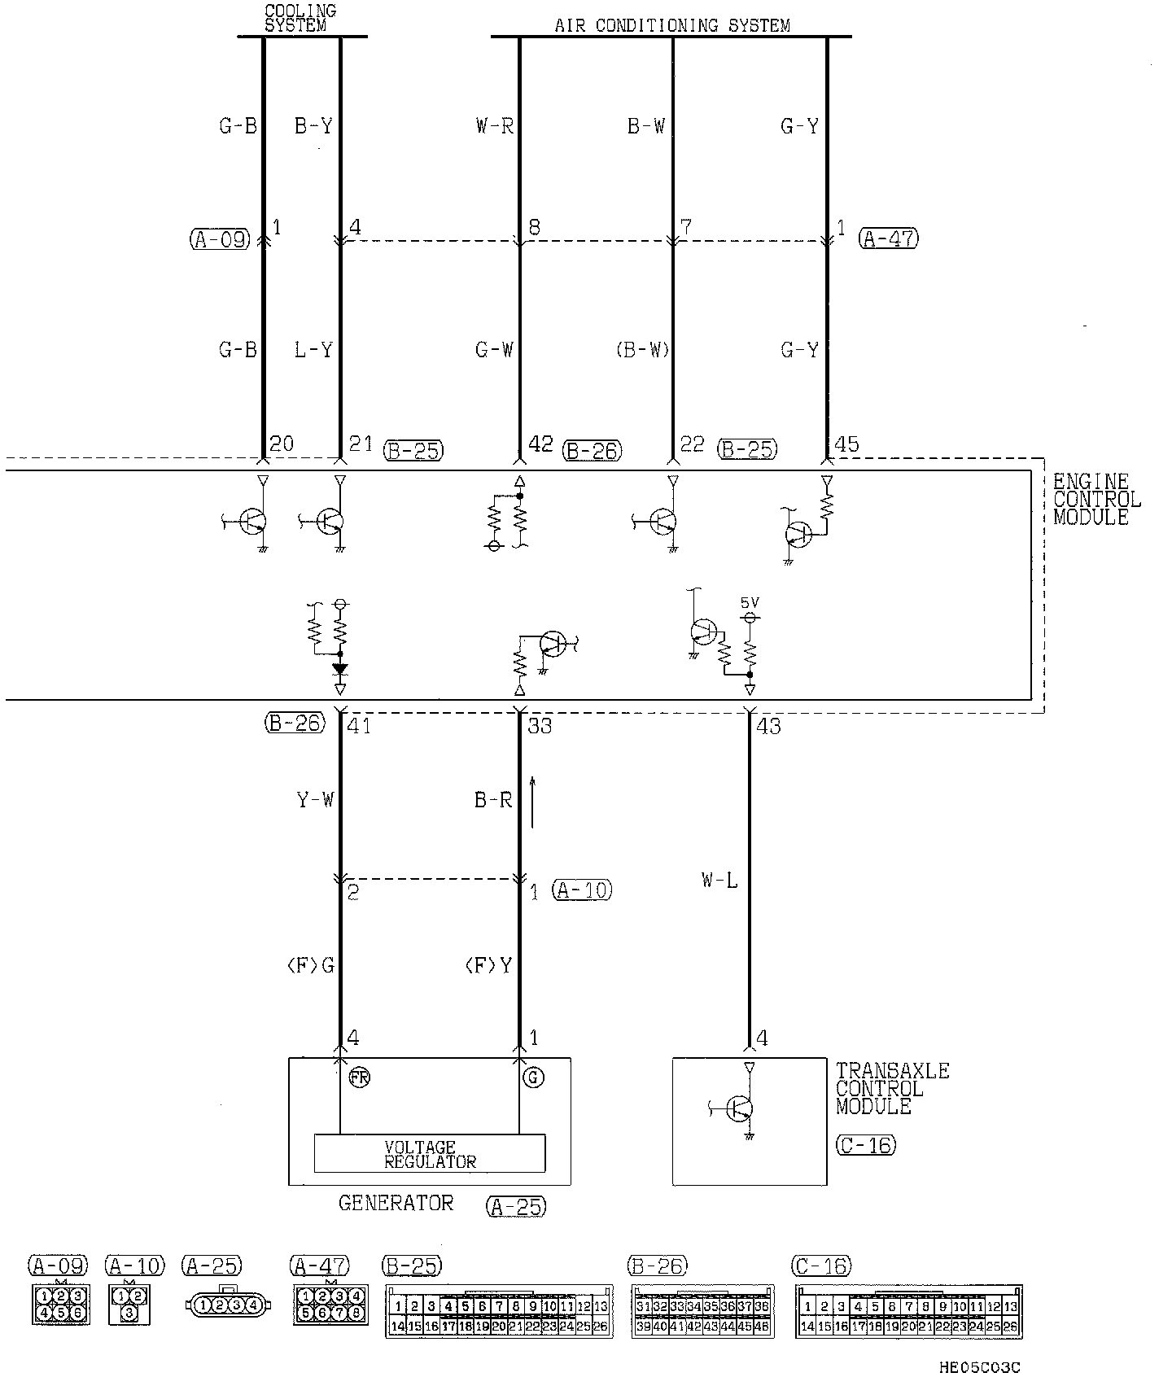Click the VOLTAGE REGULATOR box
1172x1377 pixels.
[x=430, y=1154]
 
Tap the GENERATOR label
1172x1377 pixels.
[x=396, y=1203]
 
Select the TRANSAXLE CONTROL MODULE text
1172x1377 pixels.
[x=892, y=1088]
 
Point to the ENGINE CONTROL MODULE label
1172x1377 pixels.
[x=1096, y=499]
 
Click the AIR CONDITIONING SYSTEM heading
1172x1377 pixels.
[x=672, y=25]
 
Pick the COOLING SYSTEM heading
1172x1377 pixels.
[x=300, y=18]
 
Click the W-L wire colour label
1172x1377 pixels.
[x=719, y=880]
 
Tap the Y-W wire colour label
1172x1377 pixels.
[x=315, y=800]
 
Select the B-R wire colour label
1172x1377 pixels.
[x=493, y=800]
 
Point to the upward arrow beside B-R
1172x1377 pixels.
[x=533, y=802]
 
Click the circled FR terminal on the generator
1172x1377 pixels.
[x=358, y=1078]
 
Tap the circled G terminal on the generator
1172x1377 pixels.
[x=534, y=1078]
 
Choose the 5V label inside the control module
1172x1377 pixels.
[x=750, y=603]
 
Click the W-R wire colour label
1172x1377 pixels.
[x=494, y=126]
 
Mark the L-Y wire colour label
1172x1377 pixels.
[x=313, y=350]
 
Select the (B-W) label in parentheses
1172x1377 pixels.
[x=642, y=350]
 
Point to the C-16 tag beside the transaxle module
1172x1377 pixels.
[x=865, y=1145]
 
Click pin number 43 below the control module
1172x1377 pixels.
[x=768, y=725]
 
